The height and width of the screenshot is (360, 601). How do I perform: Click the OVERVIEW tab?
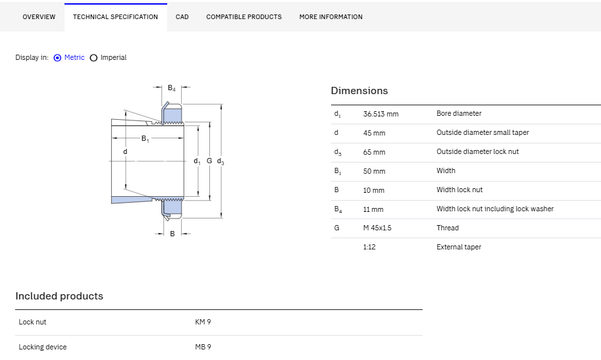(x=39, y=17)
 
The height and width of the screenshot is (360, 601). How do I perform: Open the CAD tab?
(x=182, y=17)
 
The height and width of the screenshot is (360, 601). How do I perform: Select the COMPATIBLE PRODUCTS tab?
(x=244, y=17)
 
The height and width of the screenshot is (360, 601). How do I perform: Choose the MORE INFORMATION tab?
(x=330, y=17)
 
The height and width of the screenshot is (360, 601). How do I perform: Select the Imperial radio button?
(x=93, y=58)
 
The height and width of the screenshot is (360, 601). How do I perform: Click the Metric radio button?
(x=57, y=58)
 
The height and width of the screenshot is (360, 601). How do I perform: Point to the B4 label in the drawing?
(x=172, y=88)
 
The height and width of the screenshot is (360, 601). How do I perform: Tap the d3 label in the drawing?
(x=221, y=161)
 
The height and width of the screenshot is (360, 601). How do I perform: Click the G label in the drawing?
(x=209, y=161)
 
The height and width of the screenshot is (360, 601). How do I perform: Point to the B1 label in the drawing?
(x=145, y=138)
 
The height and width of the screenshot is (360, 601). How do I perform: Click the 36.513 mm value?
(x=381, y=114)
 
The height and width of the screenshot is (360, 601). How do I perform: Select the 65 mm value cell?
(x=374, y=152)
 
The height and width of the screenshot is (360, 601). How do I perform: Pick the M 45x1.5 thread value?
(x=377, y=228)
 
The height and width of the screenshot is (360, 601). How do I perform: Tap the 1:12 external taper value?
(x=369, y=247)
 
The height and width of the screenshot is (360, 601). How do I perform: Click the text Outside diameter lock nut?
(x=478, y=151)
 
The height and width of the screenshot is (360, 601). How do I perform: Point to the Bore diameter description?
(x=459, y=113)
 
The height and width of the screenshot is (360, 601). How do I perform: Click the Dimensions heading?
(x=359, y=90)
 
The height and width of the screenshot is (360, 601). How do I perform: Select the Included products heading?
(x=59, y=296)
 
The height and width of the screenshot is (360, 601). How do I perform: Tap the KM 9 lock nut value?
(x=203, y=322)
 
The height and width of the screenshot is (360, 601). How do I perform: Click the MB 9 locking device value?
(x=203, y=347)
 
